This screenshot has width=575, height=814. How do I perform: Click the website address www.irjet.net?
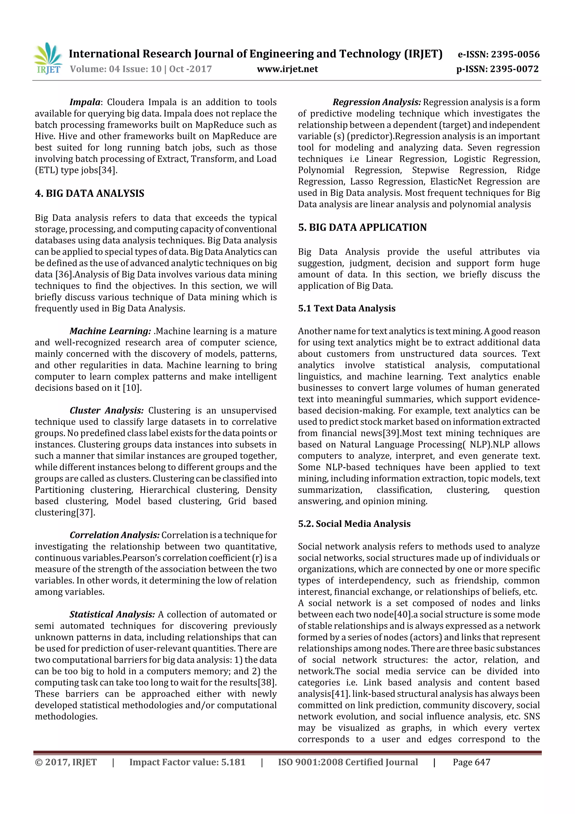click(287, 69)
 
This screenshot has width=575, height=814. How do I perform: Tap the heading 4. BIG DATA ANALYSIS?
click(89, 193)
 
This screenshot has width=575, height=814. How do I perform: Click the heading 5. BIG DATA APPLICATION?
click(362, 227)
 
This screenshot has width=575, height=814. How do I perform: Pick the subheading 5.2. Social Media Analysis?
click(354, 524)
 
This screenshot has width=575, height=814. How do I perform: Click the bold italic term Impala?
click(85, 102)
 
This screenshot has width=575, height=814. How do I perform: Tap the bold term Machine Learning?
click(110, 331)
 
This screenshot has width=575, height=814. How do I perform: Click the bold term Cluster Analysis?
click(106, 410)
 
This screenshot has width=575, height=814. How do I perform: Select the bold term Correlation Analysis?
click(115, 535)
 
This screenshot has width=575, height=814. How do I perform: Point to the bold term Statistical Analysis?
click(112, 615)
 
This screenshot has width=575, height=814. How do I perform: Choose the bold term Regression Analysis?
click(377, 102)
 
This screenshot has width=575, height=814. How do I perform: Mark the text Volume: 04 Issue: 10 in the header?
click(115, 69)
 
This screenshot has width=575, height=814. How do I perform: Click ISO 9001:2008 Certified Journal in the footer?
click(348, 762)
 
